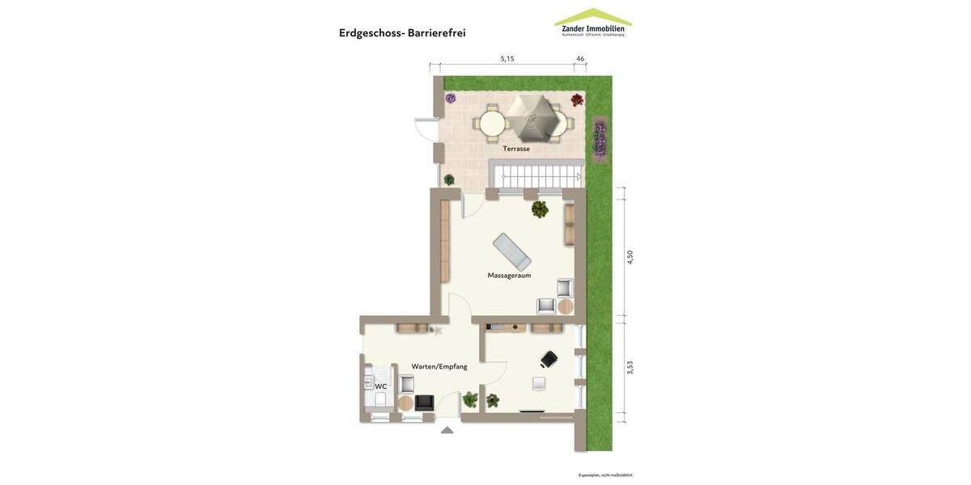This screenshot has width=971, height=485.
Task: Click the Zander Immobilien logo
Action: click(593, 23)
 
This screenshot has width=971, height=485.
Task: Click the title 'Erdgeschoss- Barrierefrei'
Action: click(402, 33)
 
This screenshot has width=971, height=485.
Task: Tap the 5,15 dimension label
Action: click(507, 59)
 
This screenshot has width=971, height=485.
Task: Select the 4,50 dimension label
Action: click(630, 257)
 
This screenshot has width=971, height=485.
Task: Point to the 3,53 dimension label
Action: click(630, 368)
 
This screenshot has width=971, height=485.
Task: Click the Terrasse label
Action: click(516, 149)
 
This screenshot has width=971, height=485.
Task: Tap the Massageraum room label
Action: click(509, 276)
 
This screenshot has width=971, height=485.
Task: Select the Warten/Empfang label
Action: click(439, 367)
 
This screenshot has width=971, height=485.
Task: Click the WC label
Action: click(380, 386)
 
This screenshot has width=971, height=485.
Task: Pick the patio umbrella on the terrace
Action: click(531, 117)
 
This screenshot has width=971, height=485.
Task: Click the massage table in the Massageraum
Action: click(512, 251)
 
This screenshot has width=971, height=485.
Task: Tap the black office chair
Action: click(549, 359)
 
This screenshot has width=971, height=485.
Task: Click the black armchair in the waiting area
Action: click(425, 403)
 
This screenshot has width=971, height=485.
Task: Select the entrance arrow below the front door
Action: click(447, 430)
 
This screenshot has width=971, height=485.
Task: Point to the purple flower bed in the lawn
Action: click(600, 138)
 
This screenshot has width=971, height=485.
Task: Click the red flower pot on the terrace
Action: click(577, 100)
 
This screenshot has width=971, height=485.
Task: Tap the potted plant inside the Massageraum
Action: click(540, 210)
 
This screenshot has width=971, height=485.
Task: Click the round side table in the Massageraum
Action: click(566, 306)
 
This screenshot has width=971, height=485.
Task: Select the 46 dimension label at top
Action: click(580, 59)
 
